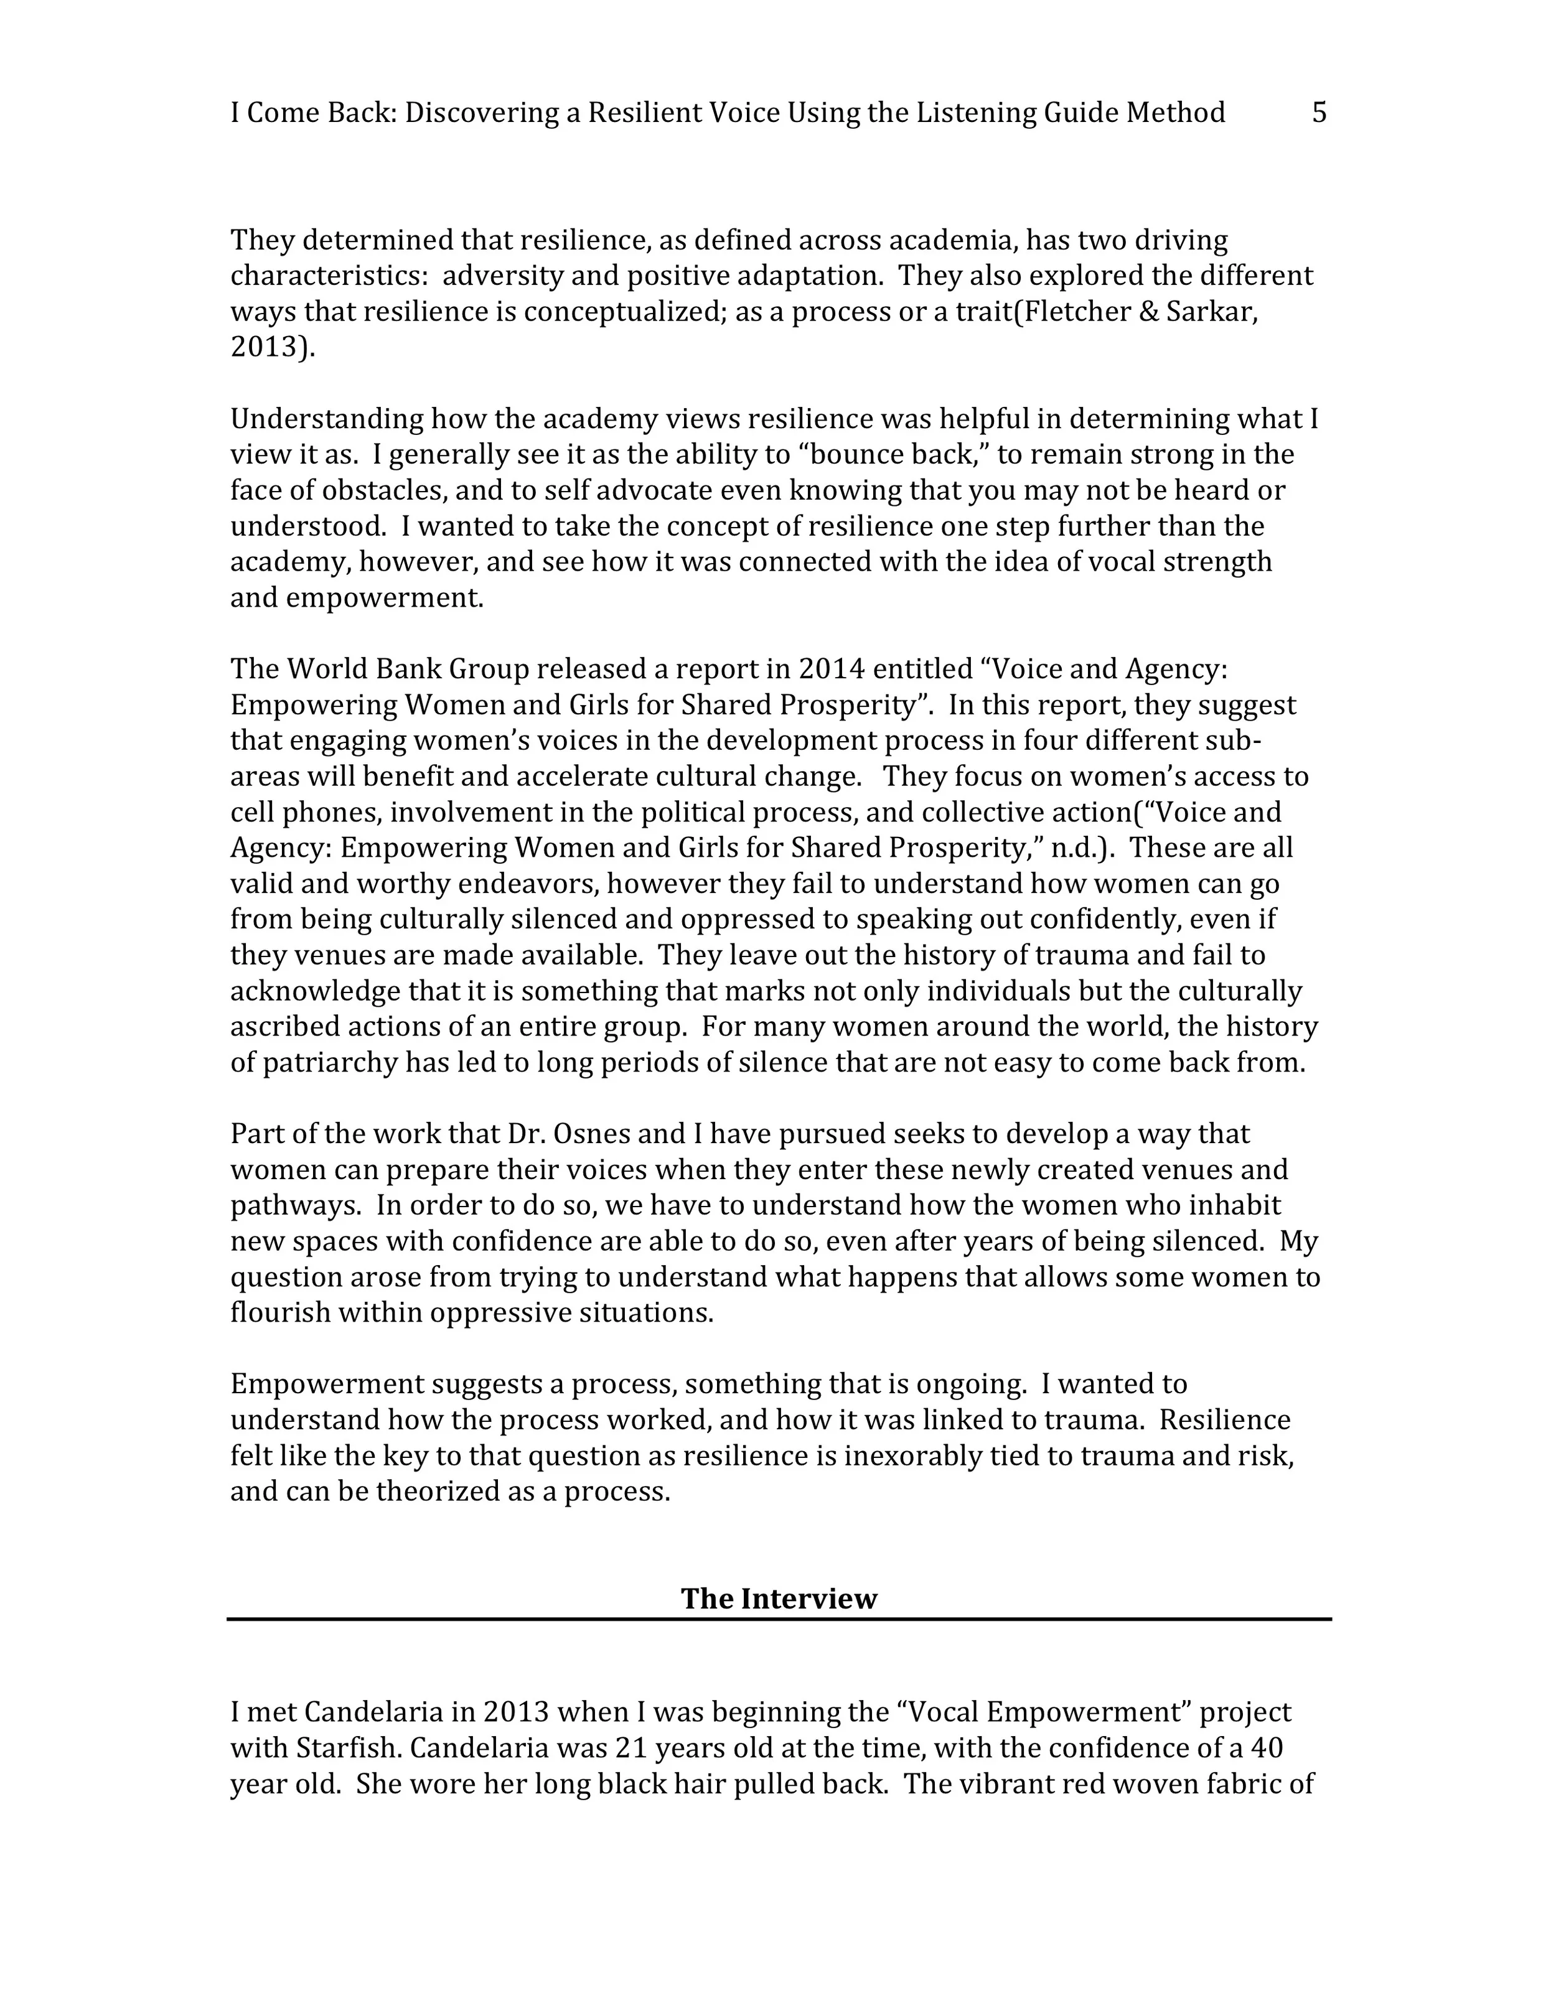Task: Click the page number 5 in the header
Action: [x=1319, y=113]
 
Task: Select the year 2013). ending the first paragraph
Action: [x=272, y=348]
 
